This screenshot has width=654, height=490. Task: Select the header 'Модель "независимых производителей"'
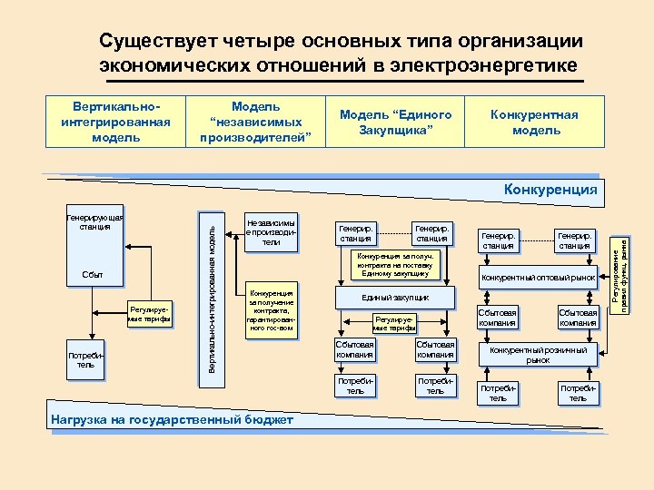pyautogui.click(x=256, y=122)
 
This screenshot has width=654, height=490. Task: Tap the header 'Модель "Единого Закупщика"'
pyautogui.click(x=395, y=122)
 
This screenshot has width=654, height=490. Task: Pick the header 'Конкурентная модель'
pyautogui.click(x=534, y=122)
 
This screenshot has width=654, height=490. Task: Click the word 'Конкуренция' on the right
pyautogui.click(x=550, y=190)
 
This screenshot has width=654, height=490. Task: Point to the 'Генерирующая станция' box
pyautogui.click(x=94, y=221)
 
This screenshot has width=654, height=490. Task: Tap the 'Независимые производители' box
pyautogui.click(x=271, y=231)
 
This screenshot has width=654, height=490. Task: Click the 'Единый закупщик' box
pyautogui.click(x=395, y=298)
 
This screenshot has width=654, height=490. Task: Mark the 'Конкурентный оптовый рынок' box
pyautogui.click(x=538, y=277)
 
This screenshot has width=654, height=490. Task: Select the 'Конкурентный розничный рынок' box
pyautogui.click(x=538, y=355)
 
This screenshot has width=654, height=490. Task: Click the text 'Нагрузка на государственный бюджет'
pyautogui.click(x=173, y=419)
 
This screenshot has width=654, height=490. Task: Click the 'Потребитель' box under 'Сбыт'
pyautogui.click(x=85, y=360)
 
